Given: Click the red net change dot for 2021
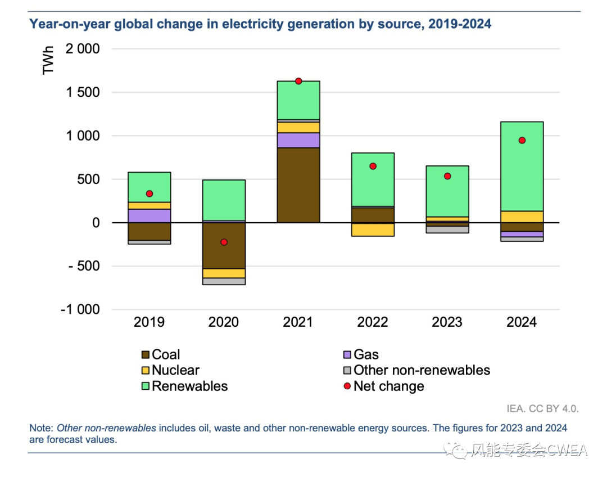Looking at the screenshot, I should coord(298,81).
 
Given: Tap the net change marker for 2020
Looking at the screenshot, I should coord(224,242).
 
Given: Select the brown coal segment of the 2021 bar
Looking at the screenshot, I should coord(298,185).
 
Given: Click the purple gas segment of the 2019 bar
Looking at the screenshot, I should coord(150,216).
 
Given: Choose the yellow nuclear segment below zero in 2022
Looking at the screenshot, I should coord(373,229).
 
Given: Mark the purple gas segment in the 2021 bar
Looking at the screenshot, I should coord(298,140).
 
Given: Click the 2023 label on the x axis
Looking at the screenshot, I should coord(447,322).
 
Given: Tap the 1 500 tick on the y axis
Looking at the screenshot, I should coord(84,93).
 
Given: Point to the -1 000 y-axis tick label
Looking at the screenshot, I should coord(80,310).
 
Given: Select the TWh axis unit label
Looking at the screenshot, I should coord(48,60).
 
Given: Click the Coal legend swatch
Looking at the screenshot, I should coord(146,355).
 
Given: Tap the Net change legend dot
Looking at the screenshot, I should coord(347,386).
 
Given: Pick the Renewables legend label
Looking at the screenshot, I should coord(189,386).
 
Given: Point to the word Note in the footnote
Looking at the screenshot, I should coord(41,428).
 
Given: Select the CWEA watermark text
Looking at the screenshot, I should coord(567,450).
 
